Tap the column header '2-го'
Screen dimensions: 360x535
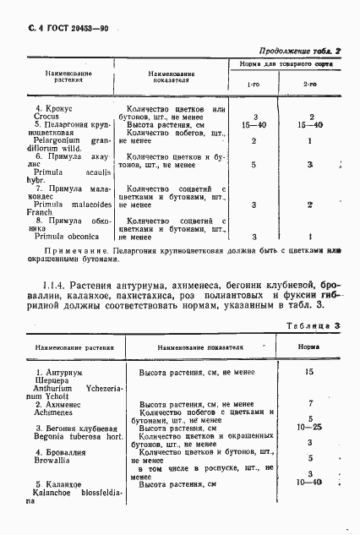point(310,85)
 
